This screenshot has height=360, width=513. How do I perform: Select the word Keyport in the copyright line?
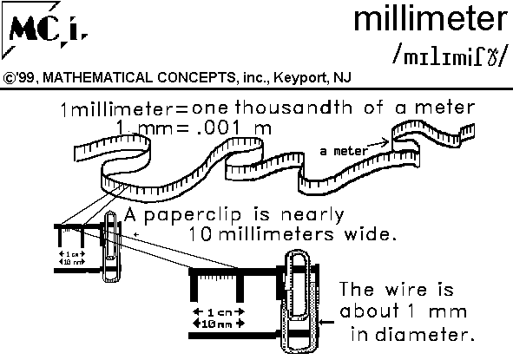295,77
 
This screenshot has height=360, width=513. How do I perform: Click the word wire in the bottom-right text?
414,290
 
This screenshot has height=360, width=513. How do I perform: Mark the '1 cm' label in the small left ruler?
70,252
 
